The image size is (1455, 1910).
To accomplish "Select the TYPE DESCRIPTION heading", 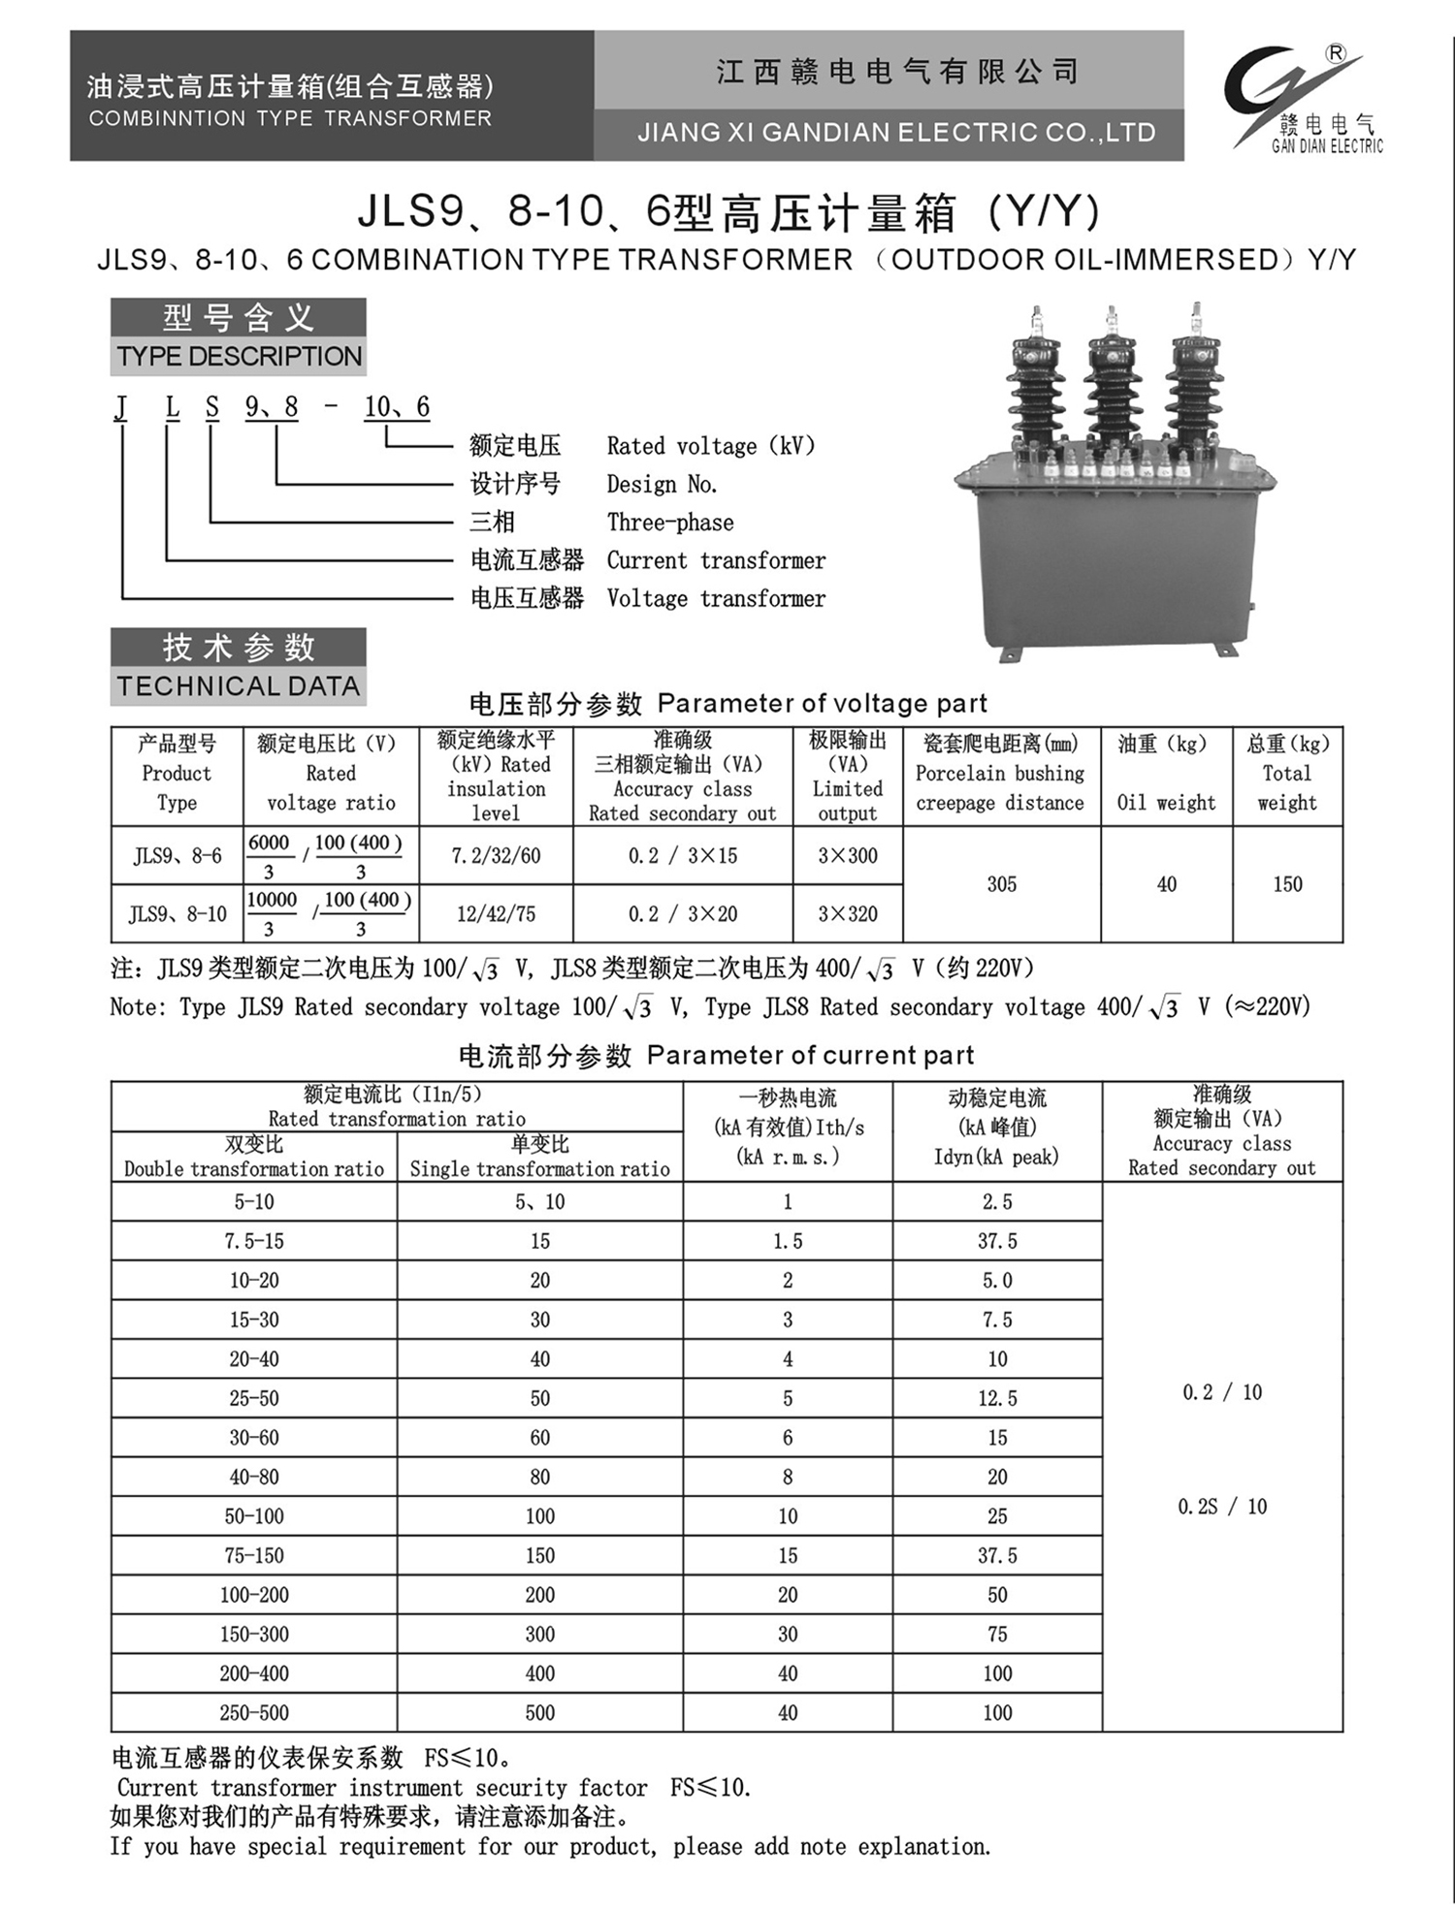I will (239, 356).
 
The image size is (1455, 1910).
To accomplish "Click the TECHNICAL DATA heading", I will (239, 686).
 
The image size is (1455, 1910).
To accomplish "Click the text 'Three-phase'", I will (670, 523).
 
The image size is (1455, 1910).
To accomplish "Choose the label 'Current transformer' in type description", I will (716, 560).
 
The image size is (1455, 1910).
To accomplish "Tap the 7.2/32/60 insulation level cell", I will (496, 856).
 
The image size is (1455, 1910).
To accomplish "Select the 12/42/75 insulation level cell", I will (496, 914).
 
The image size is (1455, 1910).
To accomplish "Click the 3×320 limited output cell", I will (847, 914).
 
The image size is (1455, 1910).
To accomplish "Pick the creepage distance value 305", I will (1001, 884).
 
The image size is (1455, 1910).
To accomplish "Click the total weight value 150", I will (1287, 884).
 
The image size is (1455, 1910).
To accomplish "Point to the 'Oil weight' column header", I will (1166, 802).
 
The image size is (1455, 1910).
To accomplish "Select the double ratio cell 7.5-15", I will (254, 1241).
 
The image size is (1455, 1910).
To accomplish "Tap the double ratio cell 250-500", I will (254, 1713).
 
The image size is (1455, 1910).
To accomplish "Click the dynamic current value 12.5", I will (997, 1398).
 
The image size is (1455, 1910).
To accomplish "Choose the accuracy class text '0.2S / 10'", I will (1222, 1507).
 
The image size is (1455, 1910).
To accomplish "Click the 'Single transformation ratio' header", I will (539, 1168).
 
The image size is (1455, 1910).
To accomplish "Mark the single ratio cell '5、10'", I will (539, 1202).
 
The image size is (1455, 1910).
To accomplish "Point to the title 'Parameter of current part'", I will (810, 1055).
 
